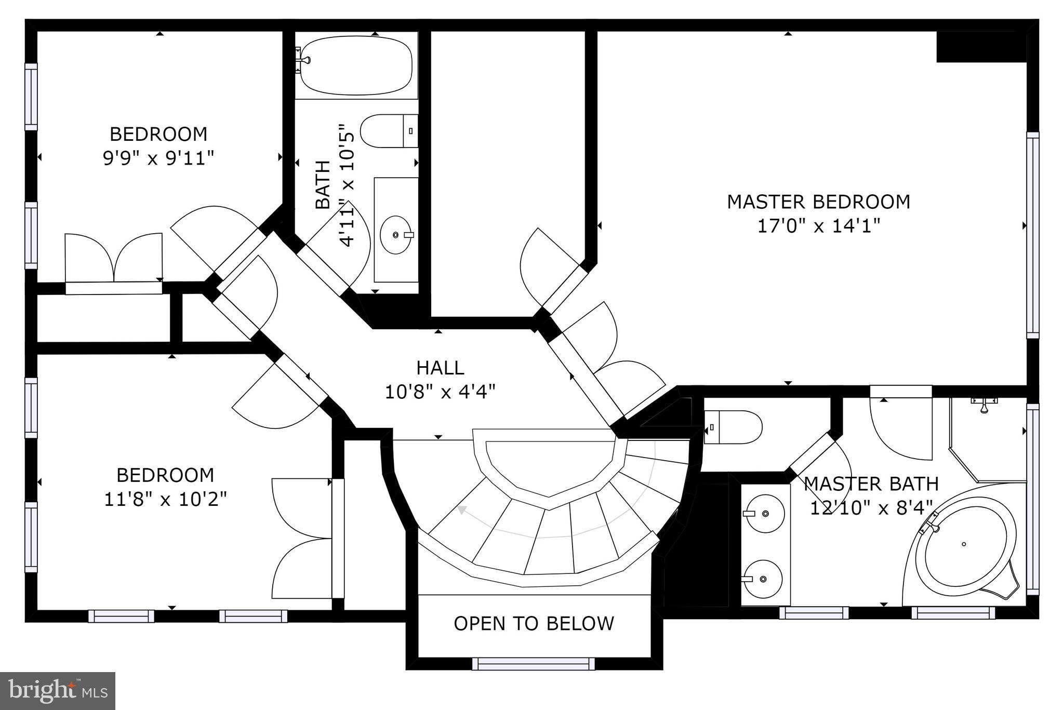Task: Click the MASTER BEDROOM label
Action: coord(818,202)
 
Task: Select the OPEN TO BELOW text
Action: coord(534,623)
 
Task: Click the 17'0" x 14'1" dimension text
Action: coord(819,226)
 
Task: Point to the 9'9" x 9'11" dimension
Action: coord(158,157)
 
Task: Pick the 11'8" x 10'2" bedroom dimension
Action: coord(166,500)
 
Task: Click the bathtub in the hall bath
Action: coord(356,65)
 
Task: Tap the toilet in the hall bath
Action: coord(389,131)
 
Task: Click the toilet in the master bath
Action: coord(733,427)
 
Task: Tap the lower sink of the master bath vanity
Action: coord(762,579)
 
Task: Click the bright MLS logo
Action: coord(58,691)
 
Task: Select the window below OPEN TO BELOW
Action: coord(534,663)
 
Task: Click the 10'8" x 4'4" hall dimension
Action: coord(440,392)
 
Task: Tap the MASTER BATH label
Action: coord(871,484)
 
